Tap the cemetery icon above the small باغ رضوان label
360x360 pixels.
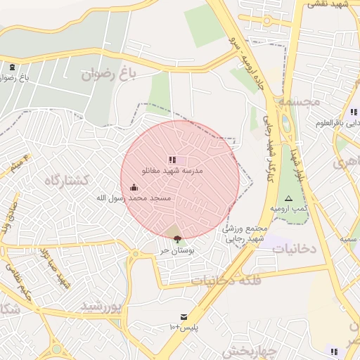(13, 67)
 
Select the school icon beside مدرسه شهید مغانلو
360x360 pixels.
(172, 160)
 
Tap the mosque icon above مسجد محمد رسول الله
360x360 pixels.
(134, 188)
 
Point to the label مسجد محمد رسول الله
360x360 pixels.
(134, 199)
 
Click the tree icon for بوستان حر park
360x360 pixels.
(176, 239)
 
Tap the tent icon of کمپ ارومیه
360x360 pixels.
(288, 199)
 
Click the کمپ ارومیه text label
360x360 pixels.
(288, 210)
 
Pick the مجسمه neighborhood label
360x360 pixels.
(300, 101)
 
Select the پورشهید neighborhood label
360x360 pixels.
(101, 306)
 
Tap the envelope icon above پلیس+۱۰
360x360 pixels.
(184, 317)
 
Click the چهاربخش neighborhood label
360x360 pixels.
(249, 349)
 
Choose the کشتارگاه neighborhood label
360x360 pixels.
(67, 181)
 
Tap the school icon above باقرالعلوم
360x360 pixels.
(353, 112)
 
